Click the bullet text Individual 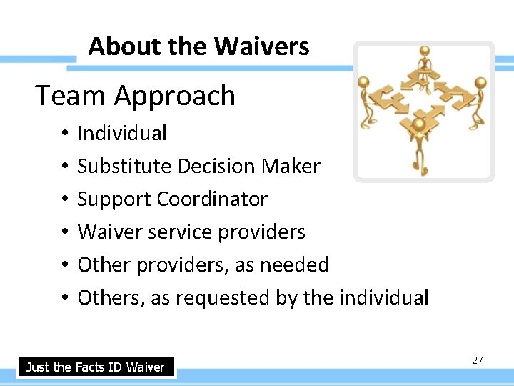click(122, 133)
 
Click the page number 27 click(478, 360)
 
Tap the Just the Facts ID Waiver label click(95, 367)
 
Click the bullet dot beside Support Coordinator click(64, 199)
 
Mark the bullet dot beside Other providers click(64, 265)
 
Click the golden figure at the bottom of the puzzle click(420, 143)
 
